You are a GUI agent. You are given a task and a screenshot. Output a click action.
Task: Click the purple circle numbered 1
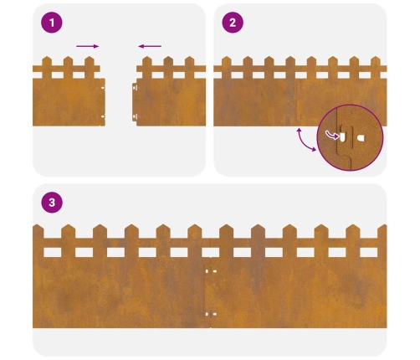pos(52,23)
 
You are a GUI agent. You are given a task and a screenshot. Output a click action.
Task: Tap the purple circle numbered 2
pos(233,23)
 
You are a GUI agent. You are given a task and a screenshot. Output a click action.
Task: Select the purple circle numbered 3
pos(52,203)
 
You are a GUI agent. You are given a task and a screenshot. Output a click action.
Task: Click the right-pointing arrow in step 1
pos(88,46)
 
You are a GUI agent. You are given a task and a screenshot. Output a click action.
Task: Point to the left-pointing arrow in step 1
pos(150,46)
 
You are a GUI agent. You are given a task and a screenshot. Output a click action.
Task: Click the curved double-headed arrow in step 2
pos(304,141)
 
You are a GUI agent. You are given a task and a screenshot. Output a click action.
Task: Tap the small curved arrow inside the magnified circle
pos(332,136)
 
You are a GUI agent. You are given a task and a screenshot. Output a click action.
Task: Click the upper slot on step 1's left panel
pos(103,88)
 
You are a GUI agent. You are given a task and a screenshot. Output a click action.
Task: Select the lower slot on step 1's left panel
pos(103,116)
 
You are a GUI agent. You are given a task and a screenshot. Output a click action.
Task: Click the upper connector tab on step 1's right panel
pos(135,88)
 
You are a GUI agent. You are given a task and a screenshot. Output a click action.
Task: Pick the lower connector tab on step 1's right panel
pos(135,116)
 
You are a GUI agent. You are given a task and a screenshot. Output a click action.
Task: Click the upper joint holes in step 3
pos(211,271)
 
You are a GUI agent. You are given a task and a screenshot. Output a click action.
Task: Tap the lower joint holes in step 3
pos(211,314)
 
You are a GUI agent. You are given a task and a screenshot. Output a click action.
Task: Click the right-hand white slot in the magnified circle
pos(361,138)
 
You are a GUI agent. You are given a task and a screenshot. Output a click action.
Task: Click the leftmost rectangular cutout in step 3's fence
pos(52,252)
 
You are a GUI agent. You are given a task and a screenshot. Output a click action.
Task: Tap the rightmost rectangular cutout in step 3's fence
pos(369,252)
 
